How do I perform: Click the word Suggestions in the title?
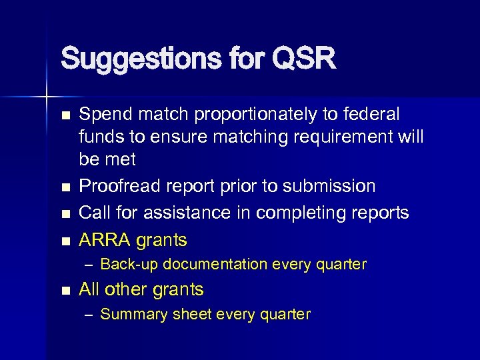pos(133,59)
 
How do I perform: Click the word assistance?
pos(178,213)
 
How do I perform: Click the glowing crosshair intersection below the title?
pos(46,97)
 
